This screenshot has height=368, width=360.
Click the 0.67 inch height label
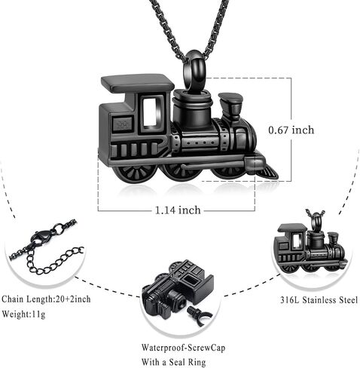[x=291, y=130]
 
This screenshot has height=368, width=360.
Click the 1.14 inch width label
[x=178, y=210]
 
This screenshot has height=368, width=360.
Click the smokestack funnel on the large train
[x=230, y=106]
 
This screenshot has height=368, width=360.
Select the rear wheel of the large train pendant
[x=134, y=173]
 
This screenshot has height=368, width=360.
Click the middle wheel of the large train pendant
[x=182, y=172]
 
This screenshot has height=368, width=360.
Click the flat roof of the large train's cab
[x=137, y=83]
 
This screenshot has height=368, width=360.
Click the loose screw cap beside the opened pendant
[x=199, y=316]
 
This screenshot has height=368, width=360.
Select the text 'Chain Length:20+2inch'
[x=46, y=299]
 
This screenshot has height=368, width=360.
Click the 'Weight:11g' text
[x=23, y=314]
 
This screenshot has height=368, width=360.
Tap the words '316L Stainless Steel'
[x=319, y=300]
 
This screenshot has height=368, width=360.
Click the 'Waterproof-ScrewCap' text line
[x=183, y=348]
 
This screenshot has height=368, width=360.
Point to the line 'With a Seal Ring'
[x=173, y=362]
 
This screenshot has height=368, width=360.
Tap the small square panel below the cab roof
[x=123, y=124]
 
